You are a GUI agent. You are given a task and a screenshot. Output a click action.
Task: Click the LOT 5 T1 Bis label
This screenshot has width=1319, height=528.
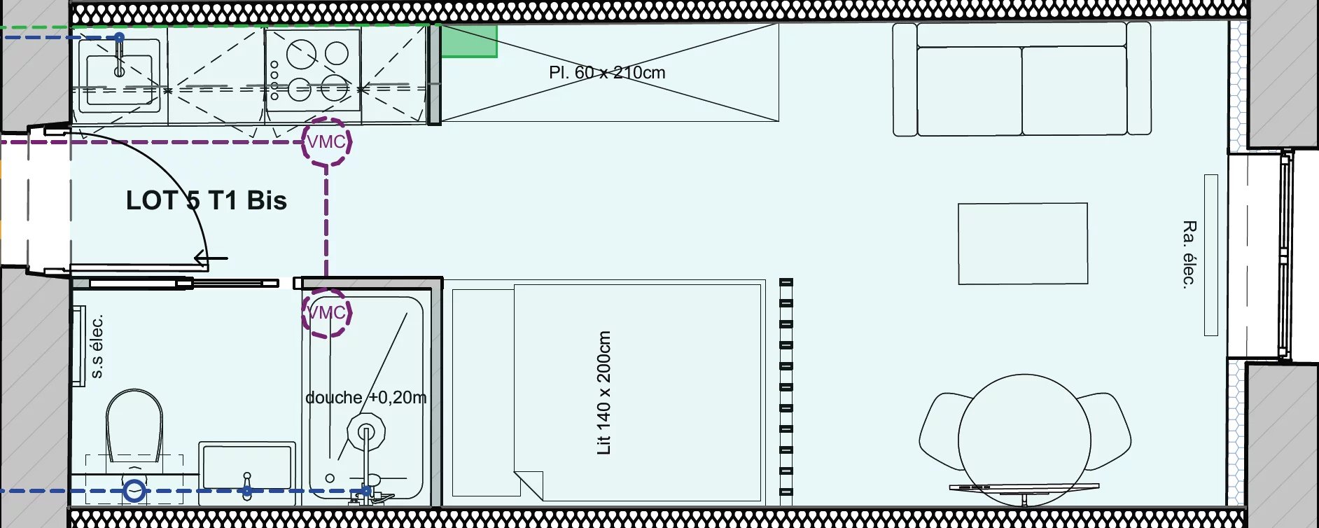click(x=207, y=201)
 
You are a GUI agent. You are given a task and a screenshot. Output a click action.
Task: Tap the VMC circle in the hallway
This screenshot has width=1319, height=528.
click(x=326, y=141)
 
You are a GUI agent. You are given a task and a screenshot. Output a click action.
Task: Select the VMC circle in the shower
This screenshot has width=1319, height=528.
click(x=326, y=312)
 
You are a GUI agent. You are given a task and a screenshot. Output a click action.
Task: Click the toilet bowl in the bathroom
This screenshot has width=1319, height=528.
click(x=134, y=425)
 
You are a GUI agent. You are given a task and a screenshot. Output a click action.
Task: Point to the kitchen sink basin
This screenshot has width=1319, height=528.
click(x=119, y=80)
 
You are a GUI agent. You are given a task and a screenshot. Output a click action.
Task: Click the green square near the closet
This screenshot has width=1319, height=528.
click(x=468, y=41)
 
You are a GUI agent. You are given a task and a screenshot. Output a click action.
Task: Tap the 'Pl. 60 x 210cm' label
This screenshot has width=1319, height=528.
click(x=607, y=73)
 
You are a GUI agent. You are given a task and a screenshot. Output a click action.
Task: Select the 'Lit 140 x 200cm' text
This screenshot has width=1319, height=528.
click(x=603, y=393)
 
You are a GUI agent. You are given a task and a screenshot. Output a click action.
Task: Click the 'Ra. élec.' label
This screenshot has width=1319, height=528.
click(x=1189, y=254)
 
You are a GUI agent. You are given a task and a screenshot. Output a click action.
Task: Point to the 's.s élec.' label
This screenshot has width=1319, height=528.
click(x=97, y=347)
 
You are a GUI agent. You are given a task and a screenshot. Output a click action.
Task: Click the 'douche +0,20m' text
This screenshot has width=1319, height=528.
click(x=366, y=398)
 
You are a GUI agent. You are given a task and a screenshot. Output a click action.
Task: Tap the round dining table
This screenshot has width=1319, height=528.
click(x=1024, y=440)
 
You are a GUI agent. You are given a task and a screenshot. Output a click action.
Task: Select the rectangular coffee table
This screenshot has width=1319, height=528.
click(x=1023, y=244)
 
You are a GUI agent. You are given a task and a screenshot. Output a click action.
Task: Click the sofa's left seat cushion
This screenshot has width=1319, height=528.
click(x=970, y=91)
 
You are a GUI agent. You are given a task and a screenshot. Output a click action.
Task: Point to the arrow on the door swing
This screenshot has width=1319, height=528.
click(x=210, y=258)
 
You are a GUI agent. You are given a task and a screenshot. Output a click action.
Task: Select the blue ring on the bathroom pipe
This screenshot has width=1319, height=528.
click(x=134, y=491)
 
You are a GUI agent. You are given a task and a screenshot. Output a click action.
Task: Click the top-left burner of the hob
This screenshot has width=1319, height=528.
click(x=301, y=53)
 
